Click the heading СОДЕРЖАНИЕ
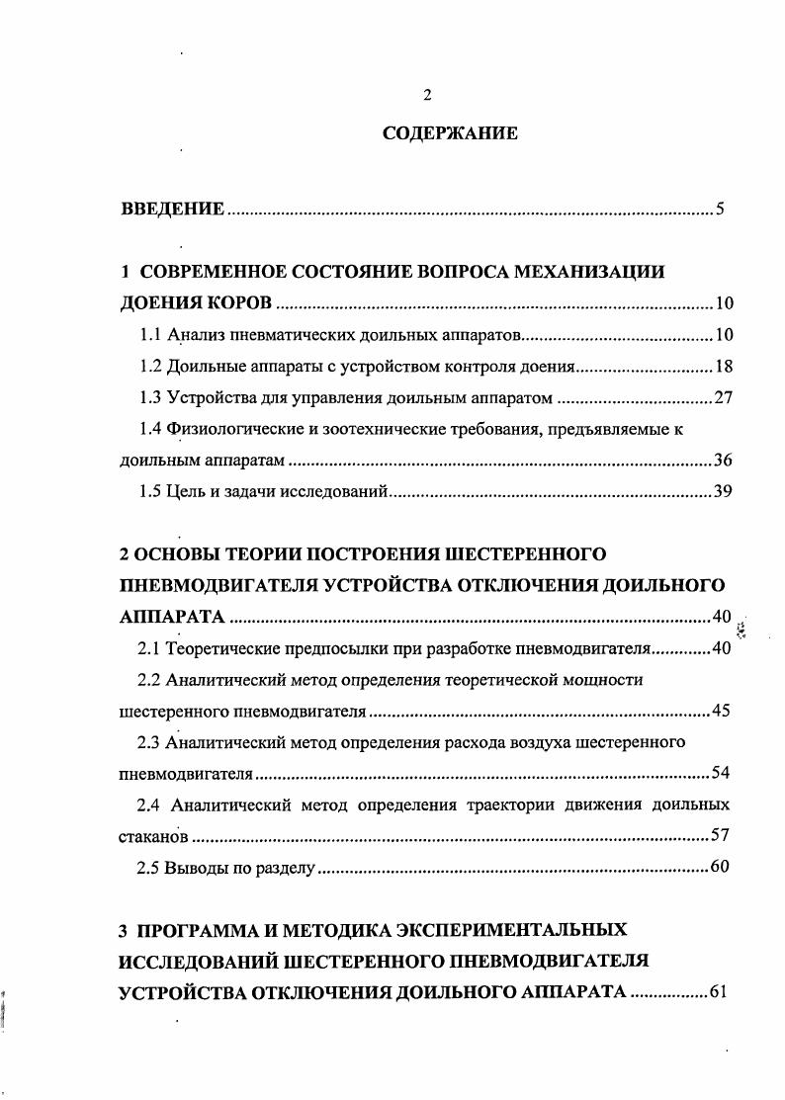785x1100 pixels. (x=450, y=134)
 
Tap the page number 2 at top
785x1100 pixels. (x=427, y=95)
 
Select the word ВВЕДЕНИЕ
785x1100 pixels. (x=173, y=210)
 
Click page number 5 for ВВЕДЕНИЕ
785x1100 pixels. (x=722, y=210)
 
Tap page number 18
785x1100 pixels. (x=722, y=367)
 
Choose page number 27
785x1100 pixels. (x=722, y=398)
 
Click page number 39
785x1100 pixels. (x=722, y=492)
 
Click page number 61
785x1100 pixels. (x=719, y=992)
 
